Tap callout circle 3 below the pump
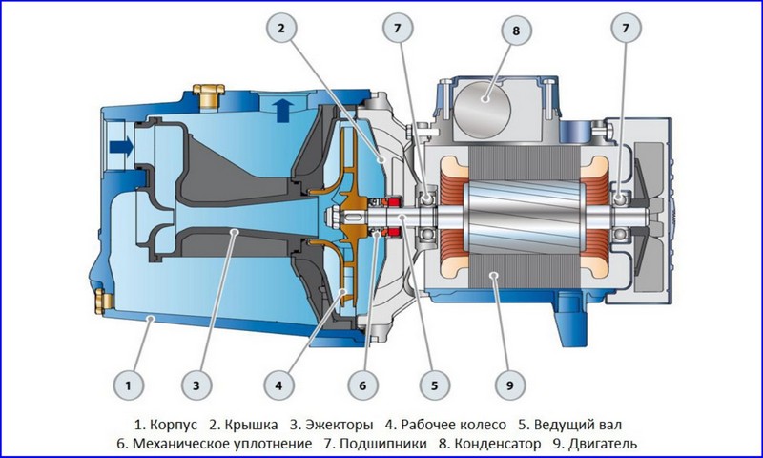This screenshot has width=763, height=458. pos(195,386)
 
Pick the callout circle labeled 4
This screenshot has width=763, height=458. pos(278,386)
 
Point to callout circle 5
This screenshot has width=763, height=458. pos(433,386)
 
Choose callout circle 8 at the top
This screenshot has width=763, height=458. pos(516,31)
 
